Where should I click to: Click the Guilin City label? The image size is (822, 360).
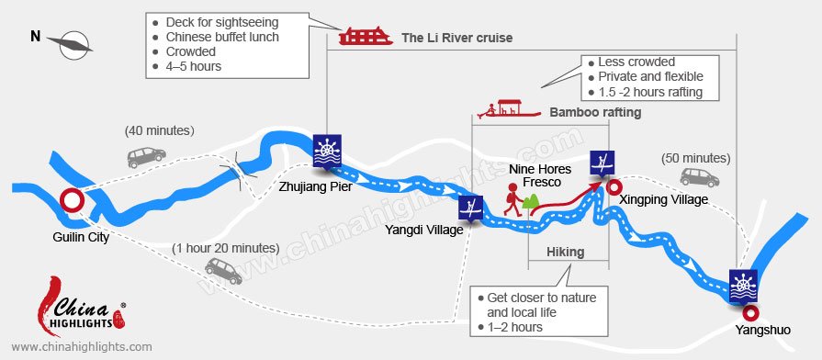tap(81, 237)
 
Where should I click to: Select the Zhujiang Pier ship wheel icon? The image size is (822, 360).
tap(327, 151)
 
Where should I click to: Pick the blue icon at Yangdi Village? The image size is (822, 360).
tap(471, 208)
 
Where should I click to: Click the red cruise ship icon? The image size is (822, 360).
tap(364, 37)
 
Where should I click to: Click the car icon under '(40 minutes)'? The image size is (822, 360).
tap(146, 157)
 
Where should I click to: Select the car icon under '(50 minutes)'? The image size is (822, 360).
tap(699, 177)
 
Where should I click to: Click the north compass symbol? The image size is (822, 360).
tap(71, 41)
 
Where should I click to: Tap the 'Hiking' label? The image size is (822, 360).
tap(566, 253)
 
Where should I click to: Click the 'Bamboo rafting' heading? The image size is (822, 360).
tap(595, 112)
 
